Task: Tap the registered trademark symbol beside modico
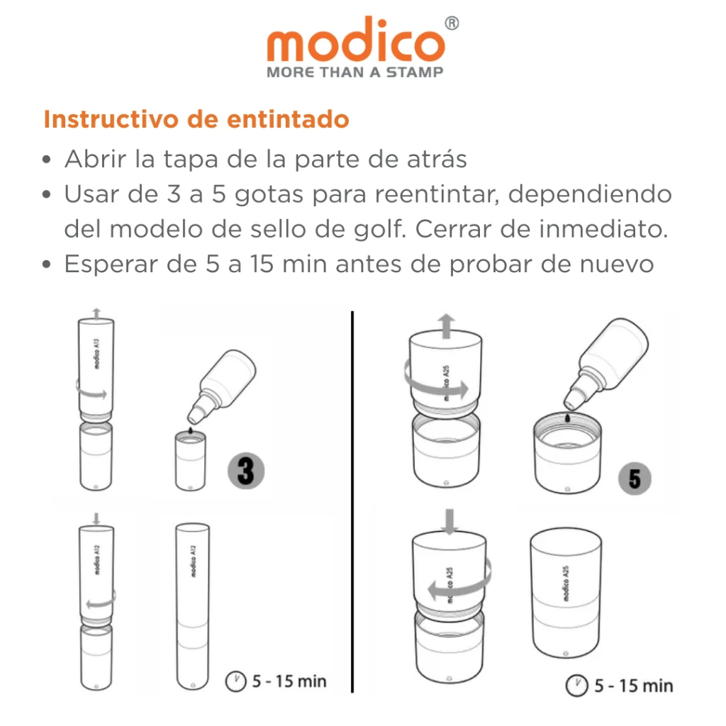(452, 23)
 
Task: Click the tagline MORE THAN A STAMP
(354, 72)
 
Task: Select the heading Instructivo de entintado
(196, 119)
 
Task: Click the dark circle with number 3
(245, 471)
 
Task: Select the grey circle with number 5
(634, 479)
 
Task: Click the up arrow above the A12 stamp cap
(97, 313)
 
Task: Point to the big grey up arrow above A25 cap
(447, 327)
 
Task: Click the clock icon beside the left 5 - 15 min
(235, 681)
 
